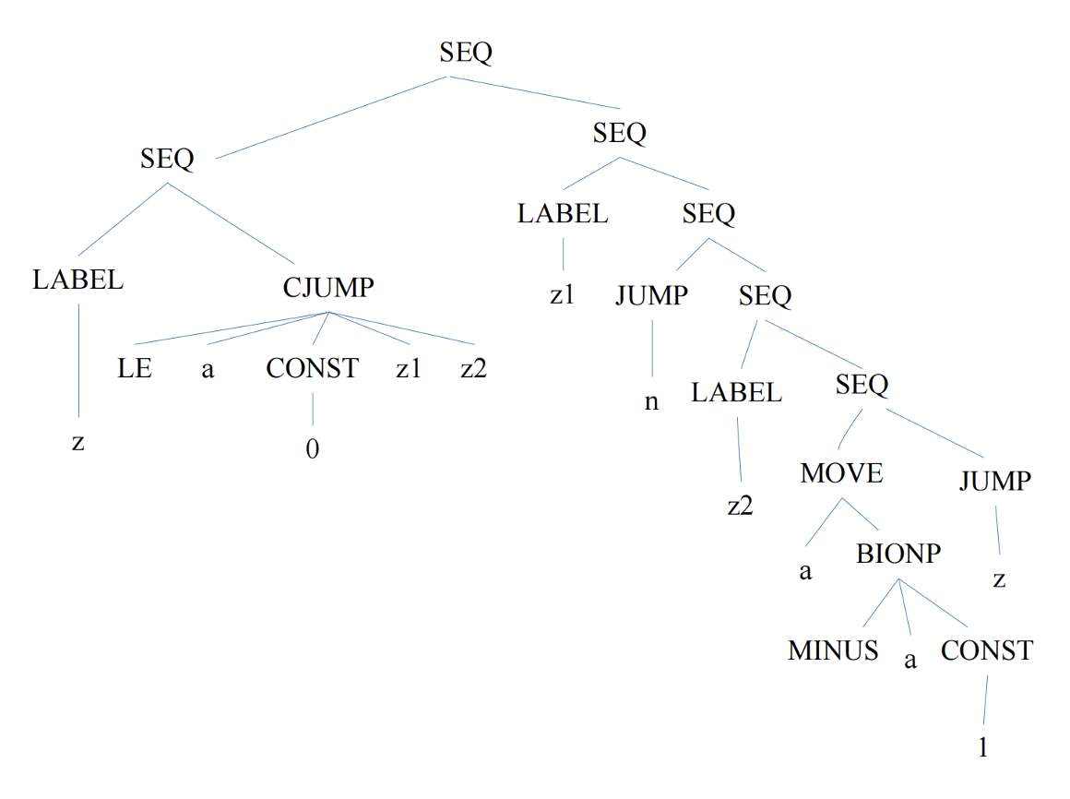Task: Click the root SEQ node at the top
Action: [x=466, y=53]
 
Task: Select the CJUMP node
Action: [x=328, y=287]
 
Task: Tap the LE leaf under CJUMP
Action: [x=135, y=368]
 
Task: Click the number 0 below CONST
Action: [x=313, y=449]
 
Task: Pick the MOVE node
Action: [x=841, y=473]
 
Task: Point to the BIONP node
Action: [x=898, y=554]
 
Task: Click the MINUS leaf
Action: [x=833, y=650]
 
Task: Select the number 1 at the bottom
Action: [x=982, y=747]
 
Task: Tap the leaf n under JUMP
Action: [x=652, y=402]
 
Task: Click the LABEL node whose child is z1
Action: [x=563, y=213]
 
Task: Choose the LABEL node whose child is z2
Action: [x=736, y=392]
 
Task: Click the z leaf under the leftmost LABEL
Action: [x=77, y=443]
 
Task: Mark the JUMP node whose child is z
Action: [x=995, y=481]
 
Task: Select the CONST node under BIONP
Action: [x=987, y=650]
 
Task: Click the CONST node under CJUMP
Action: [x=313, y=368]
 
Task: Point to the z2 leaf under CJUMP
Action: [x=473, y=368]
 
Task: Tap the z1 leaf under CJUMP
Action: [x=408, y=368]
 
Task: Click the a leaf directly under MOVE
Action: [x=806, y=571]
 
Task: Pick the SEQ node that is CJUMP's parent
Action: [x=167, y=159]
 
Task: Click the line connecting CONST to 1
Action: [x=985, y=699]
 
